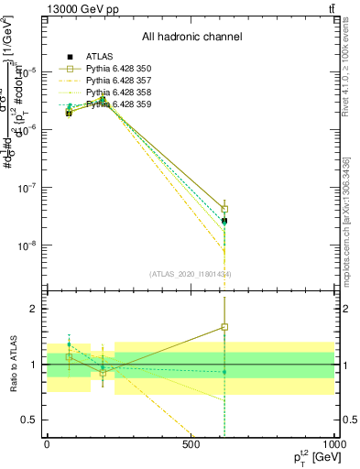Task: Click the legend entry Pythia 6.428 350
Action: point(114,68)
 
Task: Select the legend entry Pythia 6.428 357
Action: point(114,80)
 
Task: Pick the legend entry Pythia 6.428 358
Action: point(114,92)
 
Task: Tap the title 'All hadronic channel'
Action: point(191,38)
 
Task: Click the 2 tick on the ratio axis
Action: point(33,309)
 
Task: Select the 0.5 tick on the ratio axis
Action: point(29,420)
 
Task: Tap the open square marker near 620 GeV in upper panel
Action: point(224,209)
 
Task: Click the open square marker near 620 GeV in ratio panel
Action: point(224,327)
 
